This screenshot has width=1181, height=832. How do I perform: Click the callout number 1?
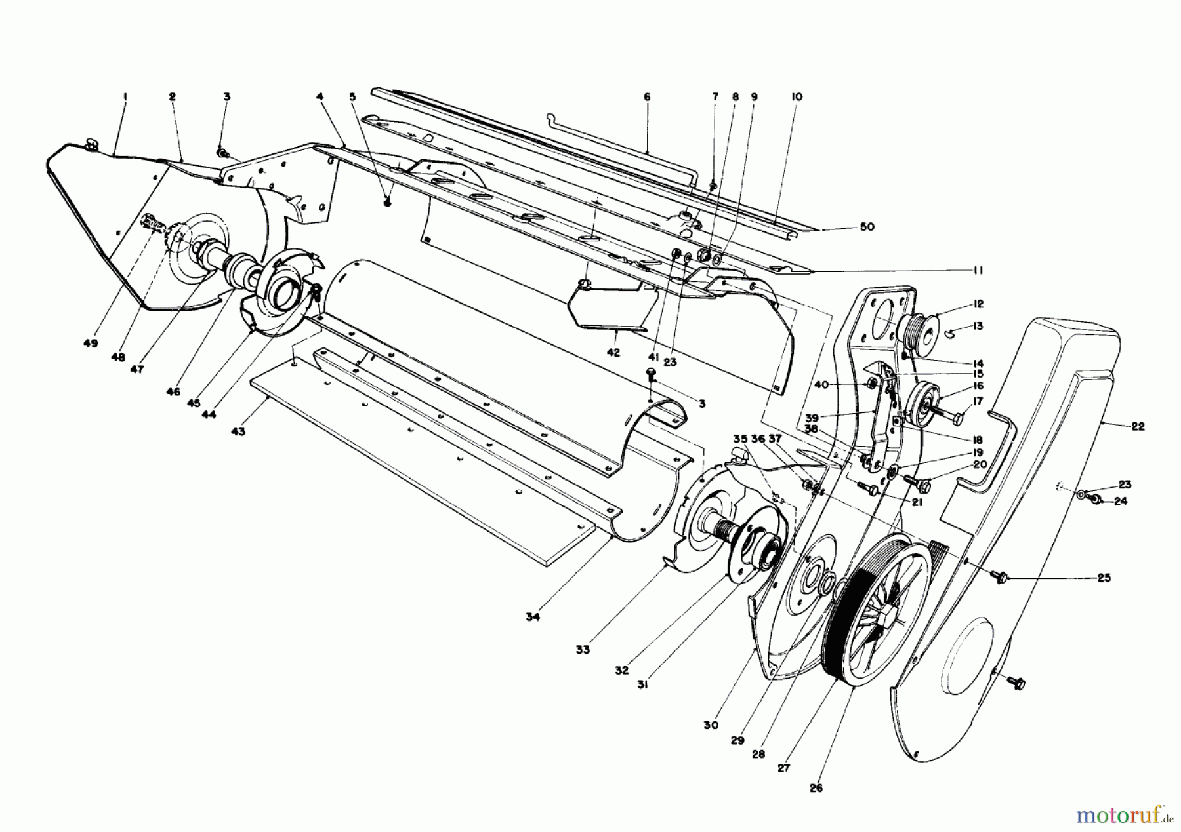coord(125,97)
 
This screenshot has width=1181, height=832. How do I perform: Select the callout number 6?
coord(647,97)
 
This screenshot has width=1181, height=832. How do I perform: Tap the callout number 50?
coord(867,227)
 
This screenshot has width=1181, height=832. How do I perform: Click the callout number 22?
coord(1137,427)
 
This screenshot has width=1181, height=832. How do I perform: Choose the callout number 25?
coord(1104,578)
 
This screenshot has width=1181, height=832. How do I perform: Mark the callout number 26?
coord(816,788)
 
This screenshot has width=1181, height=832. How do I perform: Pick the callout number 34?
coord(532,617)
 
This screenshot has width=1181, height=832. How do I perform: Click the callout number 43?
coord(238,432)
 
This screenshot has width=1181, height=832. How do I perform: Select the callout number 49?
coord(91,344)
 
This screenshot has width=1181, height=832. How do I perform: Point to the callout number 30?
coord(711,726)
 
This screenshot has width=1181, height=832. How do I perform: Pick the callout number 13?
coord(979,326)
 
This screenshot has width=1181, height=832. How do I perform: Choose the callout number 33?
coord(583,650)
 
